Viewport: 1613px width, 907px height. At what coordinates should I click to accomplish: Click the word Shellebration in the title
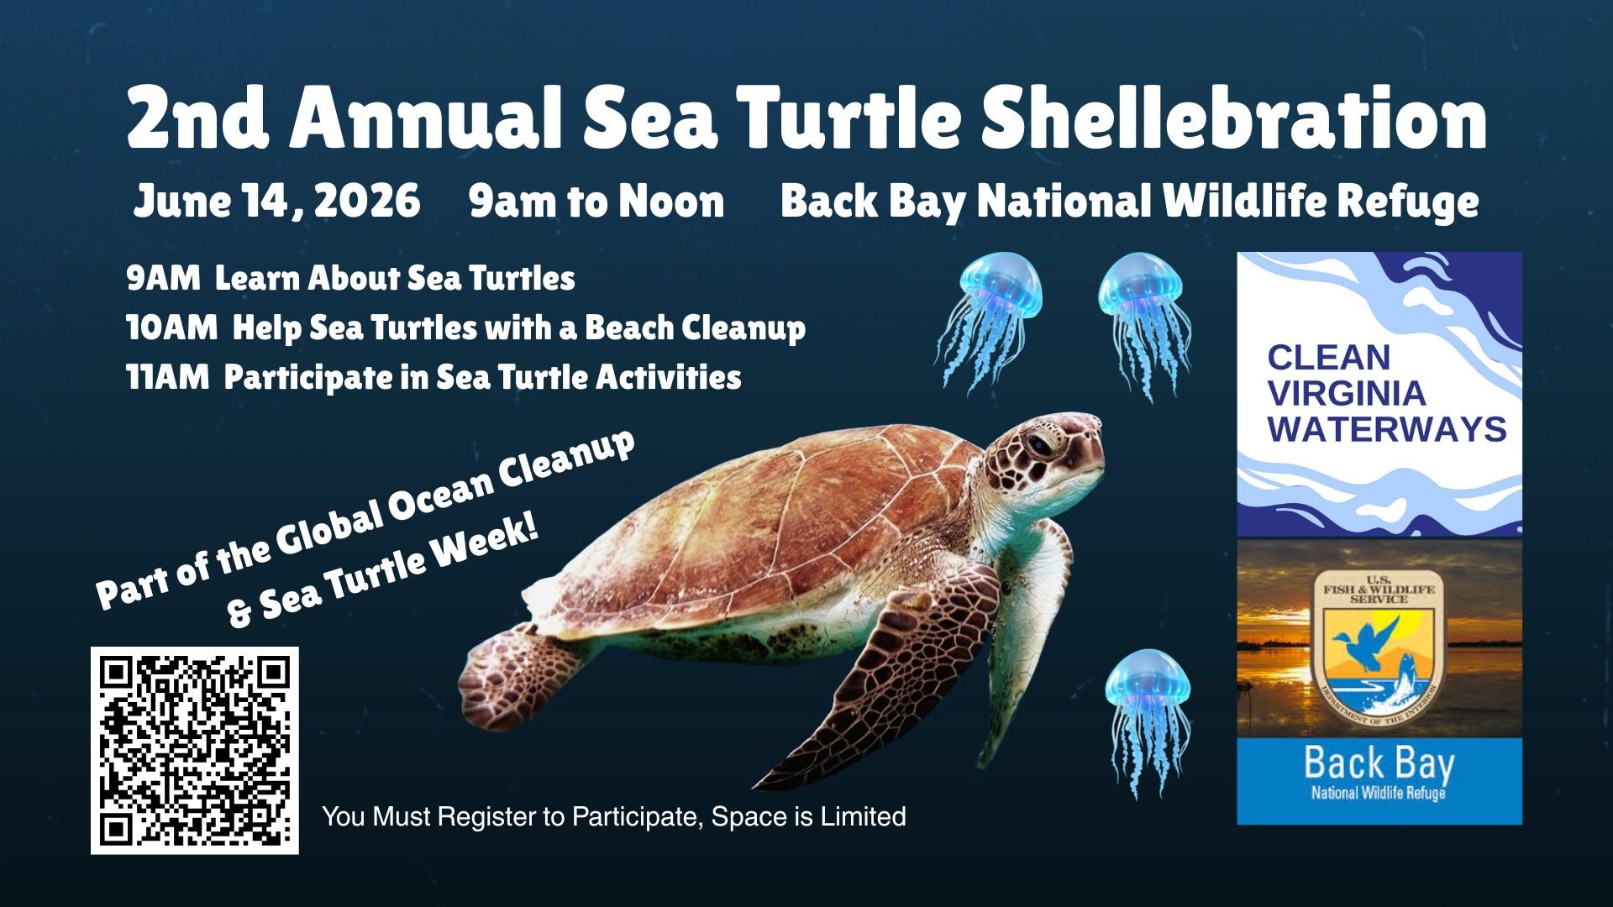pos(1233,118)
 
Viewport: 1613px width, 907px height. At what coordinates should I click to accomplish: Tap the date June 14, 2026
pos(276,202)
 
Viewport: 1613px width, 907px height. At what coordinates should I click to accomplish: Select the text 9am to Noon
pos(596,202)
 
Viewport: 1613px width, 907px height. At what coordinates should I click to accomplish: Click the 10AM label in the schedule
pos(171,328)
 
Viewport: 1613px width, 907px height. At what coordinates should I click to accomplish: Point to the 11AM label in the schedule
pos(167,377)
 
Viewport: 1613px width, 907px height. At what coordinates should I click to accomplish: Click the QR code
pos(195,750)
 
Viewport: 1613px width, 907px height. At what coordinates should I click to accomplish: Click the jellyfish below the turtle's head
pos(1148,722)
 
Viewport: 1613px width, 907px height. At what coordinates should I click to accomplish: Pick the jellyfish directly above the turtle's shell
pos(990,323)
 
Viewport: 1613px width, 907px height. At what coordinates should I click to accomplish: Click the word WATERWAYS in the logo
pos(1387,429)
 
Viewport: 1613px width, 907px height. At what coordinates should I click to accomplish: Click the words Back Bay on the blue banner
pos(1379,763)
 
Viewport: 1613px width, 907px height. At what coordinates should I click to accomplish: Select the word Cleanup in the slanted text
pos(567,466)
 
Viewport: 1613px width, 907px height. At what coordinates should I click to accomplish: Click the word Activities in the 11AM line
pos(669,377)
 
